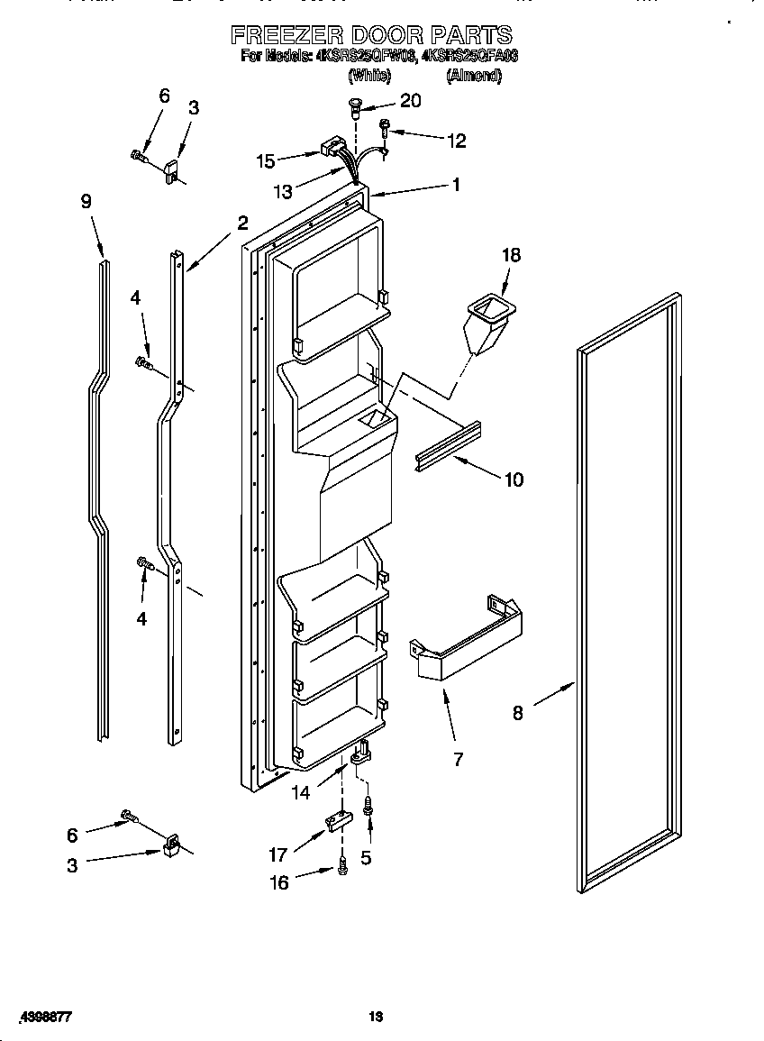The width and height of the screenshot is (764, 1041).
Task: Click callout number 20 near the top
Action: (x=410, y=101)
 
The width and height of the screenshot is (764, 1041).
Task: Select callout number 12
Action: (x=457, y=140)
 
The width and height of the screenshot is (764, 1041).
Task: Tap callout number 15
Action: (x=266, y=161)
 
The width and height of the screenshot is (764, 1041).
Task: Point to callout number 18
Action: (x=511, y=256)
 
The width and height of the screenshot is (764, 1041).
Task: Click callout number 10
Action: (x=513, y=479)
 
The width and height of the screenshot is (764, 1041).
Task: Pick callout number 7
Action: (x=458, y=760)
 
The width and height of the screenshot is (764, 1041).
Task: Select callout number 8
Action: (x=517, y=713)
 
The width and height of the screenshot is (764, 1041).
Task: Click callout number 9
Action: (x=86, y=202)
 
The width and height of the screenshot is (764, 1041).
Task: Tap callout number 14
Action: (x=300, y=792)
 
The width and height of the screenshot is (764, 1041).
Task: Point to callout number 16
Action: (x=280, y=882)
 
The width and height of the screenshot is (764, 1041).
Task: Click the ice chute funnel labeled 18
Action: (x=490, y=324)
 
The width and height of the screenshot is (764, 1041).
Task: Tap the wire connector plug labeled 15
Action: (x=332, y=146)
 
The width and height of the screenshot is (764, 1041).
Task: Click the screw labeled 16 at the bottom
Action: (x=342, y=868)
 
